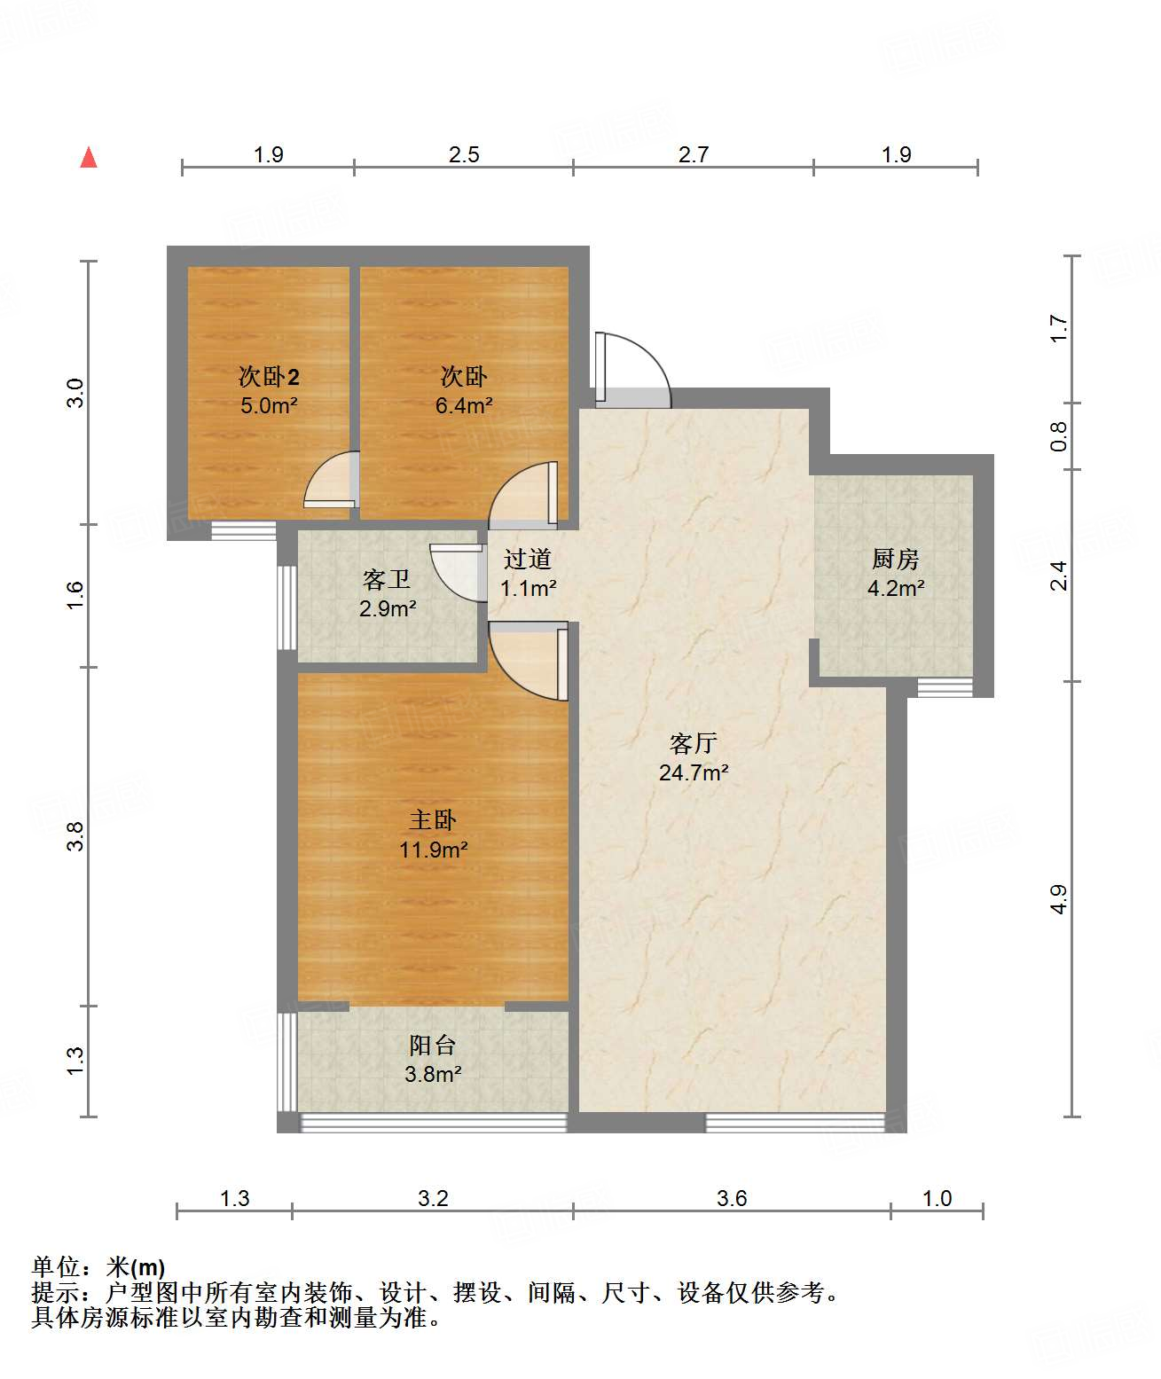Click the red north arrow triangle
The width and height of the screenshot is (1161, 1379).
pyautogui.click(x=89, y=158)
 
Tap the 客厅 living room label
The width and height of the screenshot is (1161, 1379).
pyautogui.click(x=693, y=744)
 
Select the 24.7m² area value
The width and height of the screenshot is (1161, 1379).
pyautogui.click(x=694, y=772)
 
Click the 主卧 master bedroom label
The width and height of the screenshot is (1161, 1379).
pyautogui.click(x=433, y=820)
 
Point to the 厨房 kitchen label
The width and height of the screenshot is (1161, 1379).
pyautogui.click(x=895, y=560)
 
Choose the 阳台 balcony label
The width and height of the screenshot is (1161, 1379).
pyautogui.click(x=433, y=1046)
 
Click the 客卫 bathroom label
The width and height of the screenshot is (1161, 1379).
pyautogui.click(x=387, y=580)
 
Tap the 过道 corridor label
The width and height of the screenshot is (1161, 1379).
pyautogui.click(x=527, y=560)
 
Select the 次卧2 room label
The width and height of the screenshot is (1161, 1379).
pyautogui.click(x=269, y=376)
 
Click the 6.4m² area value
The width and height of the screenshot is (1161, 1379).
pyautogui.click(x=464, y=405)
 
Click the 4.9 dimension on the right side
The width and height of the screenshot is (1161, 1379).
pyautogui.click(x=1058, y=899)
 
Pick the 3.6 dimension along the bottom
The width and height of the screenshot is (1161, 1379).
pyautogui.click(x=732, y=1197)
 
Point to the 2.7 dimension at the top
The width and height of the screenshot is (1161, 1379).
pyautogui.click(x=694, y=154)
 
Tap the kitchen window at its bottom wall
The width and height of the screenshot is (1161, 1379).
pyautogui.click(x=945, y=687)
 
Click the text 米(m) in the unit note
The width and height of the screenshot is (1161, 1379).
pyautogui.click(x=136, y=1267)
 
